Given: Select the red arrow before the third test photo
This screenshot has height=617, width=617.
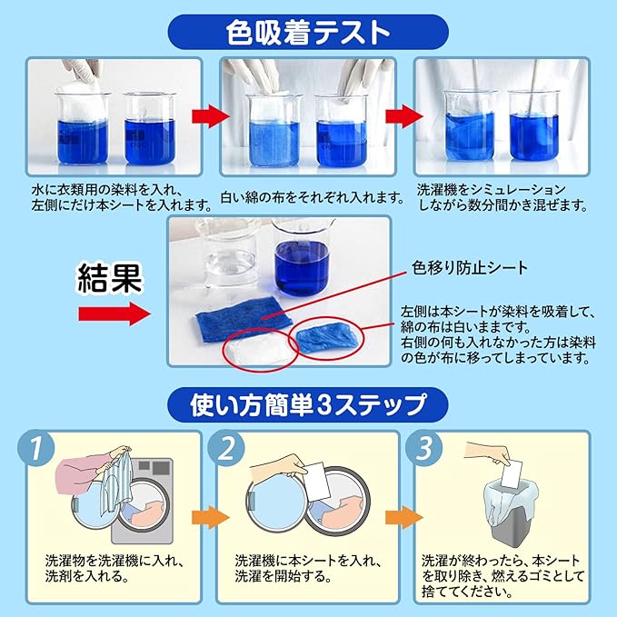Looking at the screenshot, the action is point(401,116).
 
